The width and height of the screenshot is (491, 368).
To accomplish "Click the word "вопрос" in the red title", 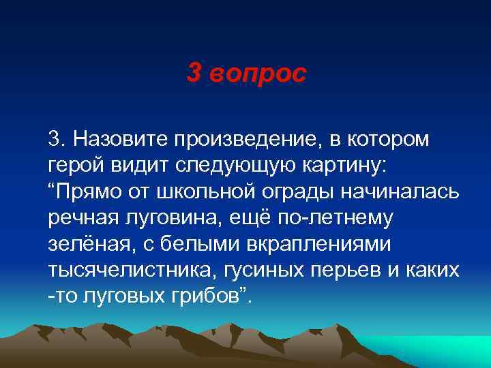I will coord(258,74).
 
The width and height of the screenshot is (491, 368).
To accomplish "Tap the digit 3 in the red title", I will coord(194,74).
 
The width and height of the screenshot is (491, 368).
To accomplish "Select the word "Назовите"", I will coord(119,140).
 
